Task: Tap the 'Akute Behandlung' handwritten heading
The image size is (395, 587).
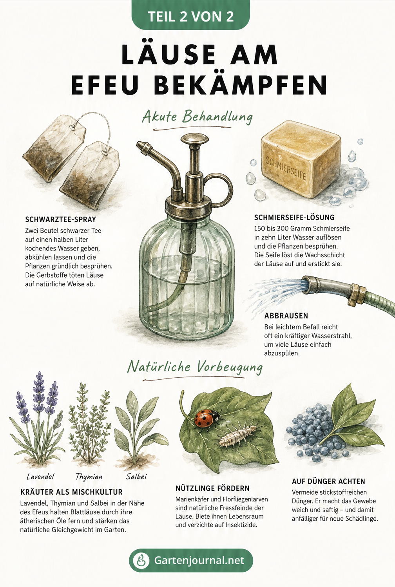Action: [x=197, y=117]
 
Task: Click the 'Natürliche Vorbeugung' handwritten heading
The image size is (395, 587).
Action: [x=195, y=367]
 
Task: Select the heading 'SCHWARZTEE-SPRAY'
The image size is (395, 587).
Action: [x=60, y=219]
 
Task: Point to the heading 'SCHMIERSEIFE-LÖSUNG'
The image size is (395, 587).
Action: [x=294, y=217]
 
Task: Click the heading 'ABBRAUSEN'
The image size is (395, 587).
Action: [x=286, y=316]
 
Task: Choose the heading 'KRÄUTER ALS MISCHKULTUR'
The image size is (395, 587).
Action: [x=71, y=492]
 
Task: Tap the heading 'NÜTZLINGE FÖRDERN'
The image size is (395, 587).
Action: [x=212, y=488]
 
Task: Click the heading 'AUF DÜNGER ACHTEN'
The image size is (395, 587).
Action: [x=328, y=481]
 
